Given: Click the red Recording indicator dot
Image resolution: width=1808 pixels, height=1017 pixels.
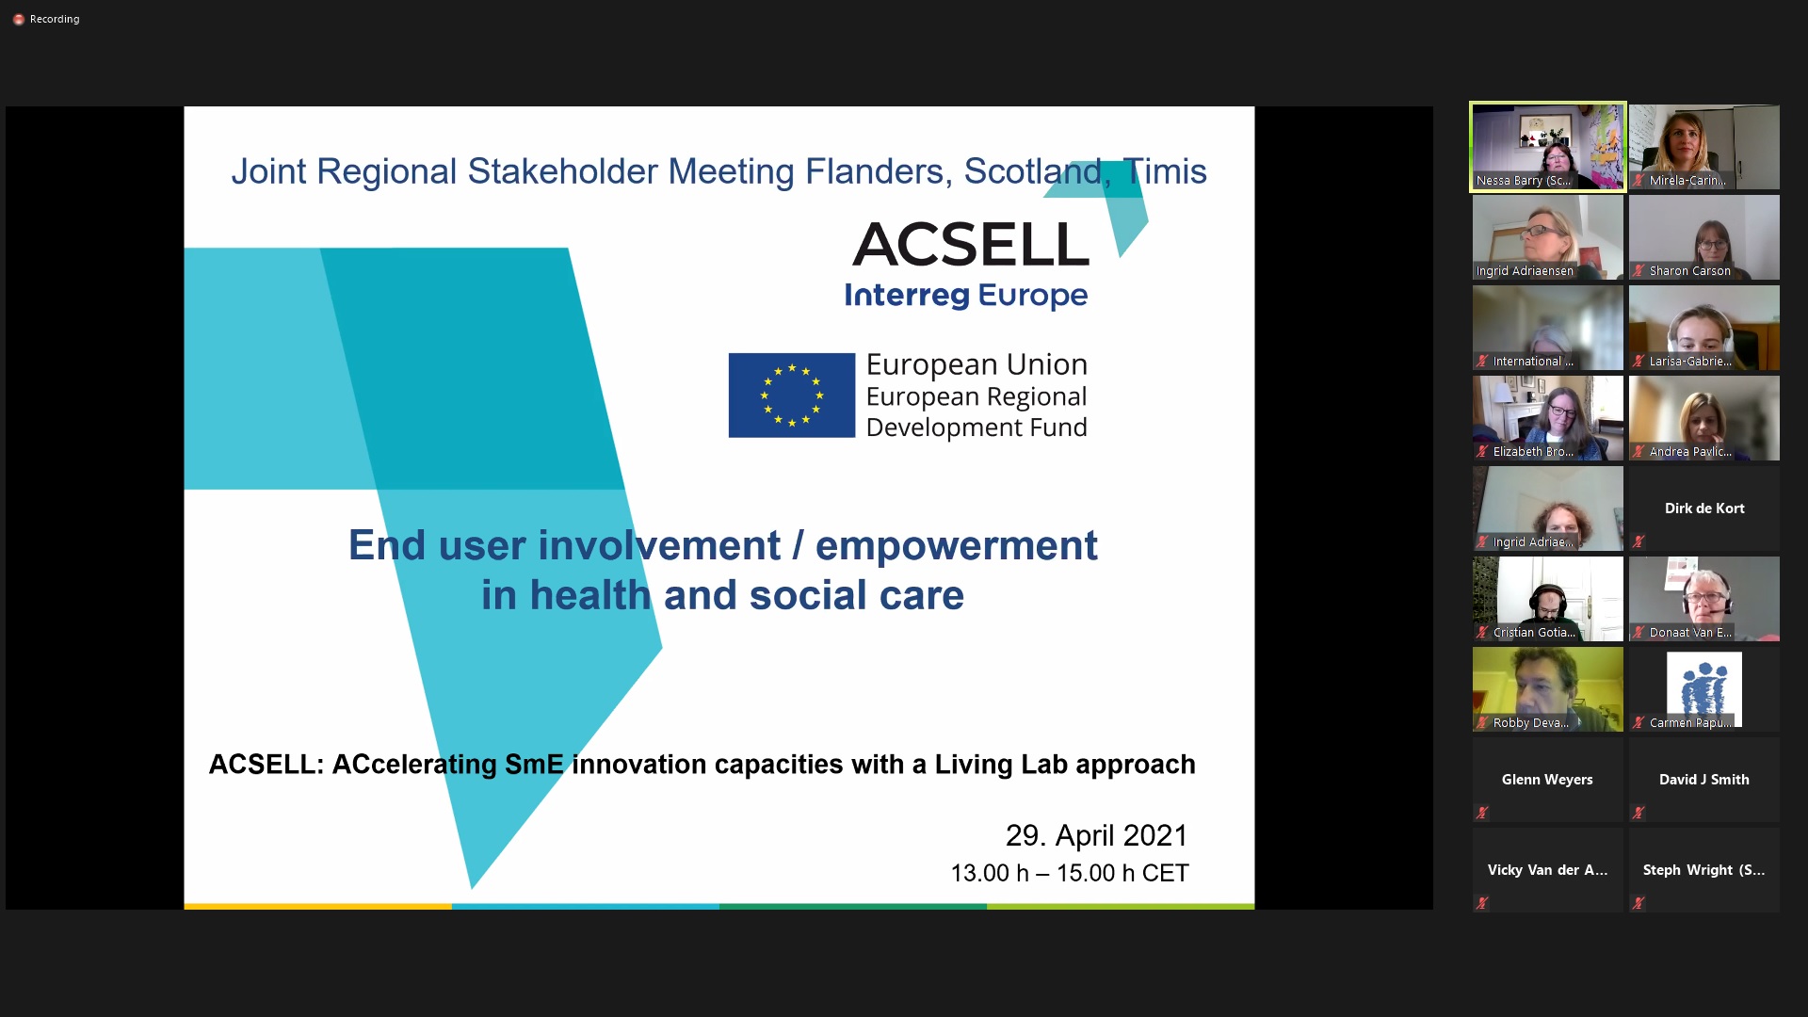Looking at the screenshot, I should click(18, 19).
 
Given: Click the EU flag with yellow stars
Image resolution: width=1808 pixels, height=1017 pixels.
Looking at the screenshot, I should click(791, 395).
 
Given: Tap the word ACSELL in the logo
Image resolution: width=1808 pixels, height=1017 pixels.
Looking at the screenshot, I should click(971, 245).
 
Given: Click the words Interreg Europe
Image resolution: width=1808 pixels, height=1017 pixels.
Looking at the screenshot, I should click(965, 296).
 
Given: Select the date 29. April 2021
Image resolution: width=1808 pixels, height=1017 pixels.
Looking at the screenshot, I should click(1096, 835).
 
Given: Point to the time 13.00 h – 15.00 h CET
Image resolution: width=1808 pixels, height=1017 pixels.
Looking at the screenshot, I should click(1069, 873).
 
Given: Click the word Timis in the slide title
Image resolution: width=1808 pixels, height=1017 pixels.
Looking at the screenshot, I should click(1165, 171).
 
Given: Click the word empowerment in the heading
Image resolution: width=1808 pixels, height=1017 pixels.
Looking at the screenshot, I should click(956, 545).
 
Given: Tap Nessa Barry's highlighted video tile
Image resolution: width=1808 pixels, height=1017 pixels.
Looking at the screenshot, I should click(1547, 146).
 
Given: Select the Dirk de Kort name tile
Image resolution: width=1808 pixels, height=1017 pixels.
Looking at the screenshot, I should click(1703, 508).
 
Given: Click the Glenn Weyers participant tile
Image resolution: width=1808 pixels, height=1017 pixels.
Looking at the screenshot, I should click(1547, 780).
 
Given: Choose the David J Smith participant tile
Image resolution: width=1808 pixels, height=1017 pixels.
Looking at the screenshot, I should click(1703, 780).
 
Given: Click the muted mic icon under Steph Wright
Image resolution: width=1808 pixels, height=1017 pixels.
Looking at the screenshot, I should click(1638, 903).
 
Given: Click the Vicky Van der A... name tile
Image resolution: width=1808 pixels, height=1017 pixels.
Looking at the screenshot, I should click(1547, 870).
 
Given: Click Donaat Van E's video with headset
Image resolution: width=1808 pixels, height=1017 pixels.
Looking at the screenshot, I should click(1703, 598).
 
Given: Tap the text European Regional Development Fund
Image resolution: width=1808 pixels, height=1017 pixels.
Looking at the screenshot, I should click(976, 412).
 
